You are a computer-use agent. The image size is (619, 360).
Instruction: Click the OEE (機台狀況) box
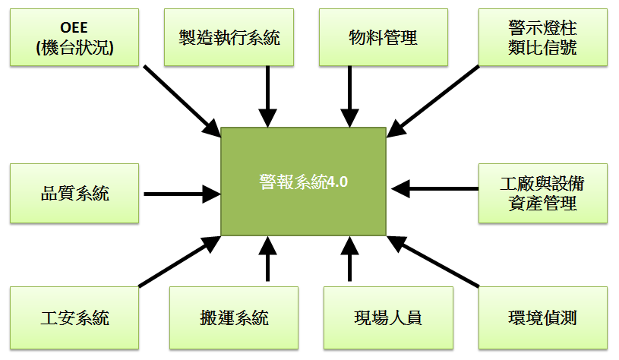[74, 37]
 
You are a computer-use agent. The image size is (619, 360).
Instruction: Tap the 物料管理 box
[384, 37]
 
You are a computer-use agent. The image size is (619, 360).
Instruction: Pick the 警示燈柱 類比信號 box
[542, 37]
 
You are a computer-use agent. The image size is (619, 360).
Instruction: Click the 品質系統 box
[74, 193]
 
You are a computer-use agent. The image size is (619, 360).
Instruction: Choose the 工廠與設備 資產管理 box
[542, 193]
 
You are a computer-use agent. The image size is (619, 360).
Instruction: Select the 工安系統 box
[74, 317]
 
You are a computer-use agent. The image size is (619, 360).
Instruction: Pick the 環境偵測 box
[542, 317]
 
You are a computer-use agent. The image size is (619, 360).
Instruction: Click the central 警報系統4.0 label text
[303, 182]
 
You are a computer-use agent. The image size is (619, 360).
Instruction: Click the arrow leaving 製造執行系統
[267, 95]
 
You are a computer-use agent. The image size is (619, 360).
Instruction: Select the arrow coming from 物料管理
[349, 95]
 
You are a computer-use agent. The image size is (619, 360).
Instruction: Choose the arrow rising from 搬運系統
[267, 260]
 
